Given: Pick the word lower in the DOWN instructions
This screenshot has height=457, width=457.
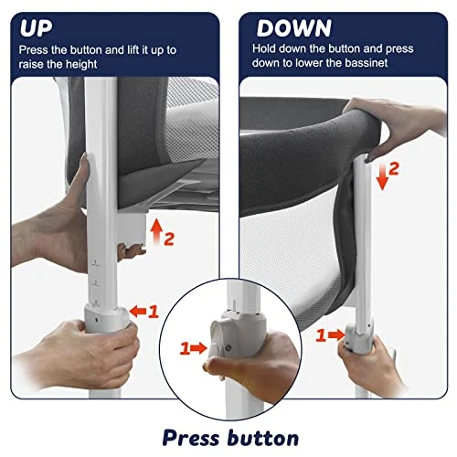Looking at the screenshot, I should click(x=322, y=64).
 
